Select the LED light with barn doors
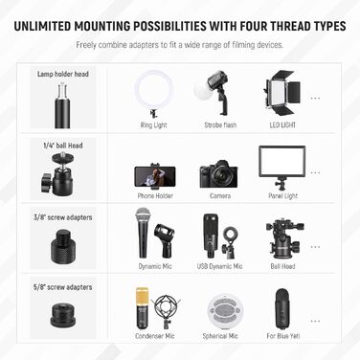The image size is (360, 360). [x=282, y=93]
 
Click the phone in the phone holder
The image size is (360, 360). [x=155, y=176]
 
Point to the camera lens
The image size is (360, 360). [x=220, y=175]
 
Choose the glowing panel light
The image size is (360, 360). [x=282, y=161]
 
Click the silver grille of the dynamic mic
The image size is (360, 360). [x=143, y=214]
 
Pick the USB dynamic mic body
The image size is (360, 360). [x=211, y=236]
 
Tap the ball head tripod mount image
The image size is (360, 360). [x=284, y=238]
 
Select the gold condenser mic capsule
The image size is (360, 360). [x=142, y=297]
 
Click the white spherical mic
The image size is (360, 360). [x=225, y=311]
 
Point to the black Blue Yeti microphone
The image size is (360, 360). [x=282, y=309]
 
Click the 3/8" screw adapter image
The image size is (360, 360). [x=63, y=244]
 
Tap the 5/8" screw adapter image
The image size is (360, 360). [x=62, y=314]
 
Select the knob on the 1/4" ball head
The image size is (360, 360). [x=46, y=182]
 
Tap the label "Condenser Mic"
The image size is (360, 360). [x=155, y=336]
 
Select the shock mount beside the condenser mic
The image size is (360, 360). [x=166, y=311]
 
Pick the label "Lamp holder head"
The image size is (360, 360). [x=63, y=74]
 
